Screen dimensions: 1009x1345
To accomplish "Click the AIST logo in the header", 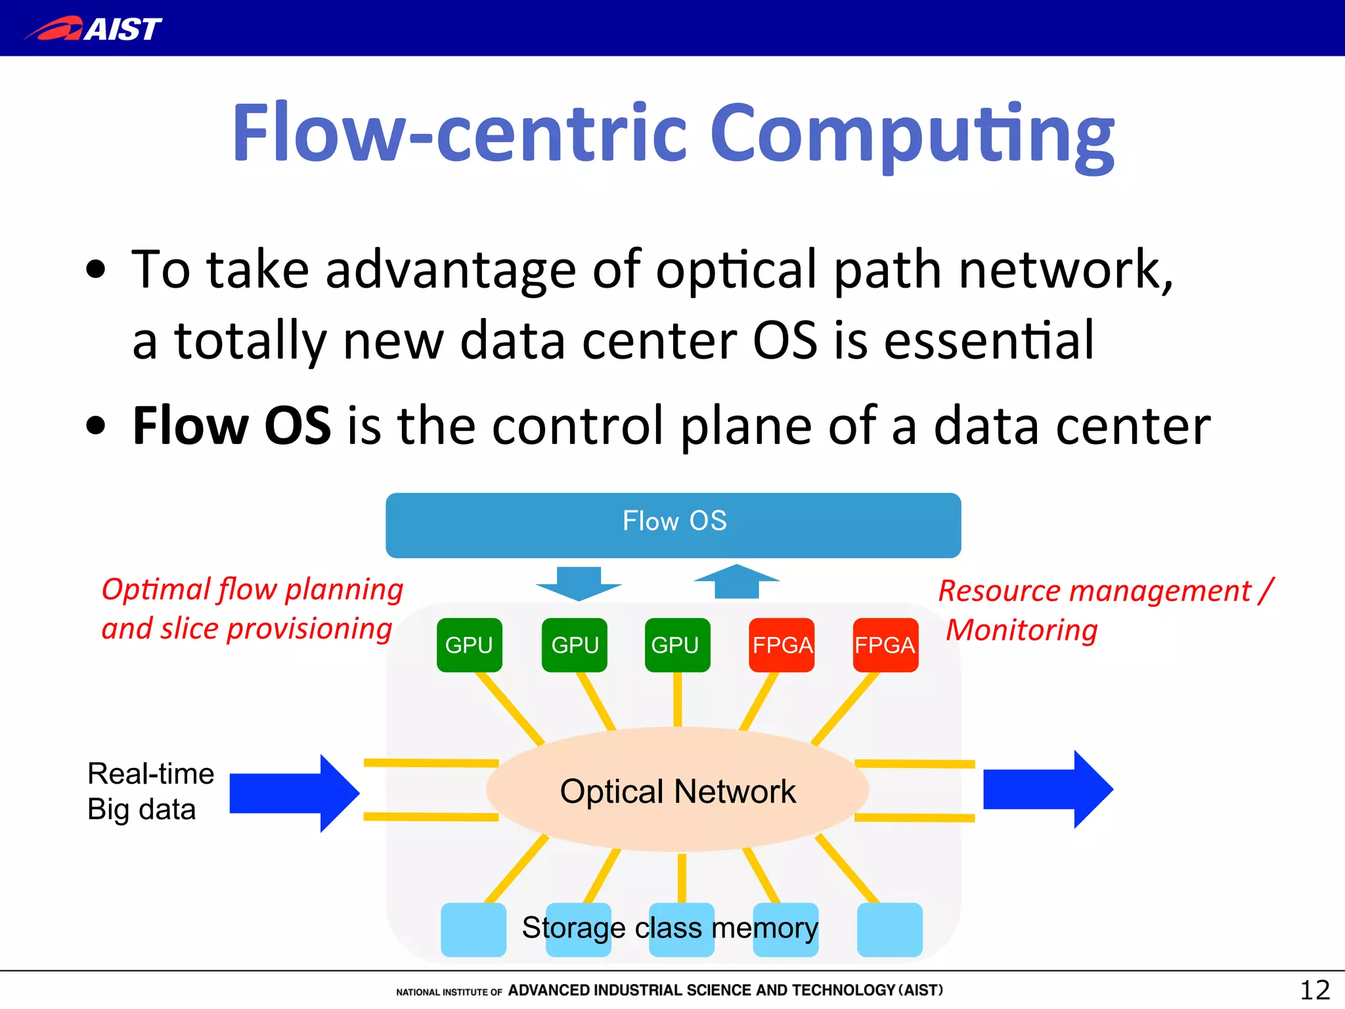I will [93, 29].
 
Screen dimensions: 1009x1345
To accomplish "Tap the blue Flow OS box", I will [673, 524].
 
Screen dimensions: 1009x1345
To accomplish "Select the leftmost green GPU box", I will [469, 644].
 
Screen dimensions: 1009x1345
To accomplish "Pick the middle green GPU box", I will [575, 644].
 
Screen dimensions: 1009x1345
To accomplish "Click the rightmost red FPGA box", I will [885, 644].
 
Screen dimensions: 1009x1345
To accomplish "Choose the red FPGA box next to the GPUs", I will [782, 644].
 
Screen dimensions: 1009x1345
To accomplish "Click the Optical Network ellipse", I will [677, 790].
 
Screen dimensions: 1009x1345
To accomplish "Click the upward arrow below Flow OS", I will [736, 581].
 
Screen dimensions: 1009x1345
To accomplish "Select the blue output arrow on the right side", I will [1047, 789].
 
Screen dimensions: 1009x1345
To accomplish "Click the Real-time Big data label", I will [150, 791].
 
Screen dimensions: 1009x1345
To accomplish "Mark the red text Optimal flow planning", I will [252, 589].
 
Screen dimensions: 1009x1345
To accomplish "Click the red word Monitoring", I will [1021, 630].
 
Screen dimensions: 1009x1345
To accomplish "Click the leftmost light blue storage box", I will [473, 929].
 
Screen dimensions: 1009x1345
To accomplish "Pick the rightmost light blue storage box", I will [889, 929].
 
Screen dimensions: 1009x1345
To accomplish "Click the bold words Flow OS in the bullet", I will [231, 426].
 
